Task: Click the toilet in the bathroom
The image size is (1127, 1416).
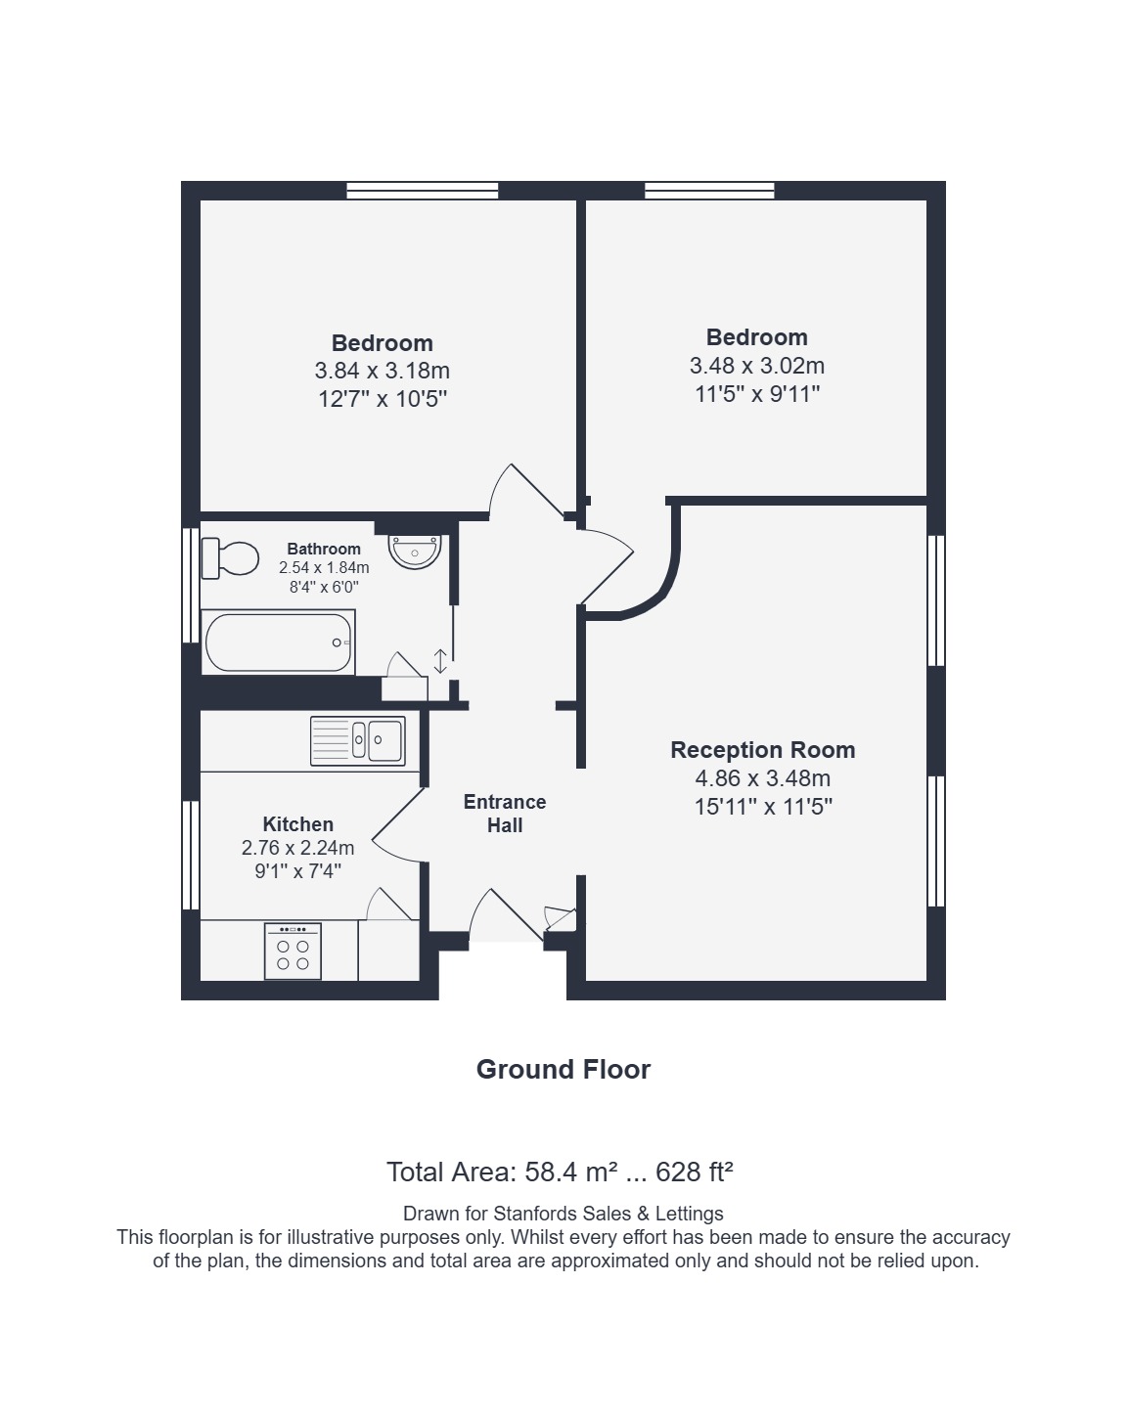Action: [230, 558]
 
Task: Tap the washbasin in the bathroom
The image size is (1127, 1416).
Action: [415, 552]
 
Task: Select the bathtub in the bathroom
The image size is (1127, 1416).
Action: [278, 642]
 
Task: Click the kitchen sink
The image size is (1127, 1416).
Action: [357, 741]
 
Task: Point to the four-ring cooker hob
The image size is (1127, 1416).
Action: [293, 951]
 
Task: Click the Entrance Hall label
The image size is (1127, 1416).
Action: [505, 814]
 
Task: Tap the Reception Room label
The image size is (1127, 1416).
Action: [763, 750]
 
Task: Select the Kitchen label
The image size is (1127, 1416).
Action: [298, 824]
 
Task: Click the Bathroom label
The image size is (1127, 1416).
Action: [324, 549]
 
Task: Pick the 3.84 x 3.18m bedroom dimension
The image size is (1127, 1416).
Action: [382, 371]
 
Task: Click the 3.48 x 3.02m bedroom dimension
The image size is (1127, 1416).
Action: [757, 365]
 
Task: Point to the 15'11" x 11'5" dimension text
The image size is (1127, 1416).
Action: [764, 807]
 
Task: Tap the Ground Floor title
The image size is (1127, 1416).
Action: [563, 1069]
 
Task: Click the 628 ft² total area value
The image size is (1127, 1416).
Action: [695, 1172]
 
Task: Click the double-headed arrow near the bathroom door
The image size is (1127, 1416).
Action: [440, 661]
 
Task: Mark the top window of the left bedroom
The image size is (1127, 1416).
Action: [423, 191]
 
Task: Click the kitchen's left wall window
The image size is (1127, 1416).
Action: [191, 855]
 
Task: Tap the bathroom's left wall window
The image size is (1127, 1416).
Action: [191, 585]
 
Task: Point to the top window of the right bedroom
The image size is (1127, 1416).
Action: [709, 191]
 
